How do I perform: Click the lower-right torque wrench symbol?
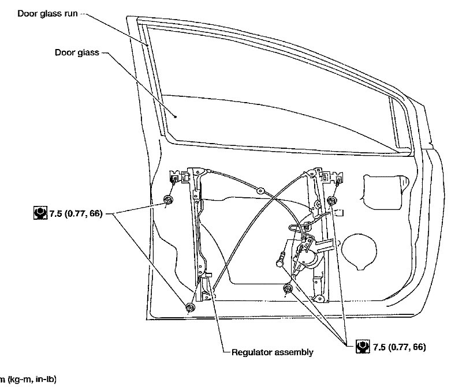363,348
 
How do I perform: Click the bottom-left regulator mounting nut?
191,307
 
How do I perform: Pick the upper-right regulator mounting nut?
331,200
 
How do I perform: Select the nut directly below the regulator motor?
287,288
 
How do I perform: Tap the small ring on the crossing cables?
261,190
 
